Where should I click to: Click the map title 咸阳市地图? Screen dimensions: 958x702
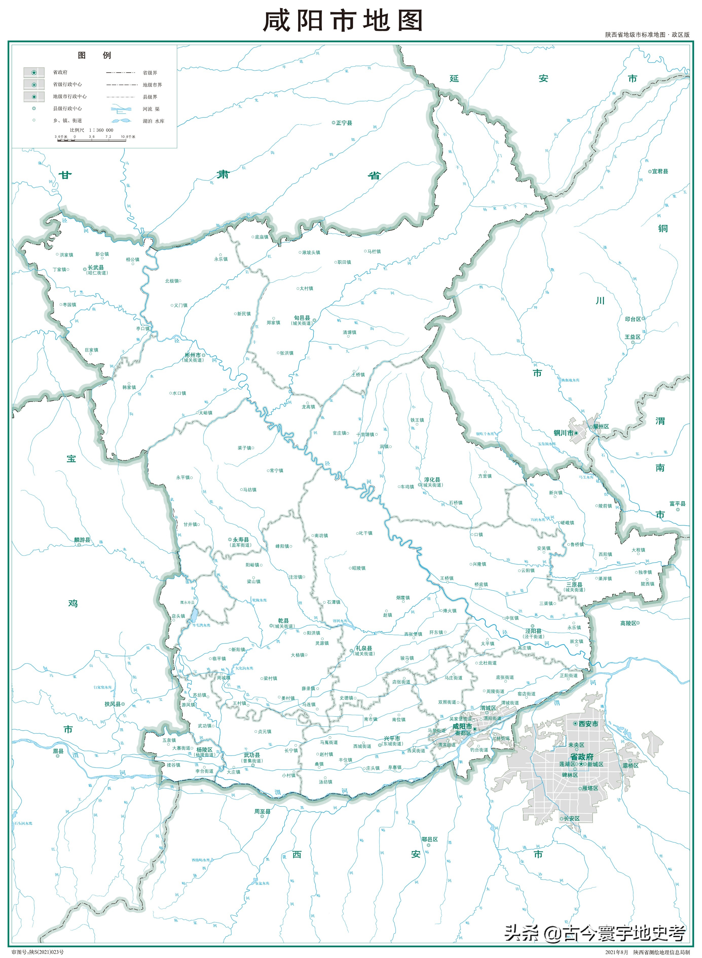[x=342, y=21]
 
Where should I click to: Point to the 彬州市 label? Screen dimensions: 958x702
[x=193, y=355]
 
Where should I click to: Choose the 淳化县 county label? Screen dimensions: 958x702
[x=432, y=480]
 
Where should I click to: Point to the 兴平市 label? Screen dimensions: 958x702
[x=392, y=738]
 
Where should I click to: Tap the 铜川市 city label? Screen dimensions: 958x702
[x=563, y=433]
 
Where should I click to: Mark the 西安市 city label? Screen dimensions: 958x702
[x=588, y=724]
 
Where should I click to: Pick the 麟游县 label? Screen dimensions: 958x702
[x=82, y=540]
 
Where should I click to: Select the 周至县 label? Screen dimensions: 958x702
[x=262, y=812]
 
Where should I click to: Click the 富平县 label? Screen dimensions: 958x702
[x=677, y=504]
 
